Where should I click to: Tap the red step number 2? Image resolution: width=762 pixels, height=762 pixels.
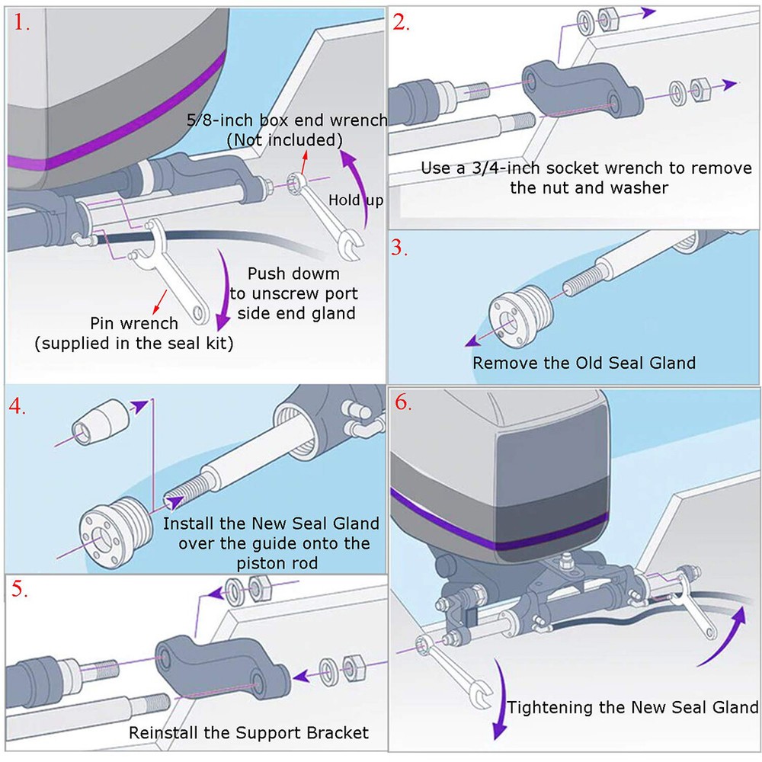(401, 23)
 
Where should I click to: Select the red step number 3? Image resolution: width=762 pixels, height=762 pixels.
(400, 248)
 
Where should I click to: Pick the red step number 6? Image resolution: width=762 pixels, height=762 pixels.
(403, 403)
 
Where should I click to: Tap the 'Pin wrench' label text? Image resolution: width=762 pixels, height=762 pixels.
(133, 323)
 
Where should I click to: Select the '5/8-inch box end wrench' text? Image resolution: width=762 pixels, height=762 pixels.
(287, 120)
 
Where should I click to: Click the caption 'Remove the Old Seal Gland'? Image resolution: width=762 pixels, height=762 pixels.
(584, 363)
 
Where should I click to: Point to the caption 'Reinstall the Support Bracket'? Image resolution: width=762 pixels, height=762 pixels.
(248, 733)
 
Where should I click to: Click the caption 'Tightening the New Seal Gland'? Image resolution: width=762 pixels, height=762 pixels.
(632, 707)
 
